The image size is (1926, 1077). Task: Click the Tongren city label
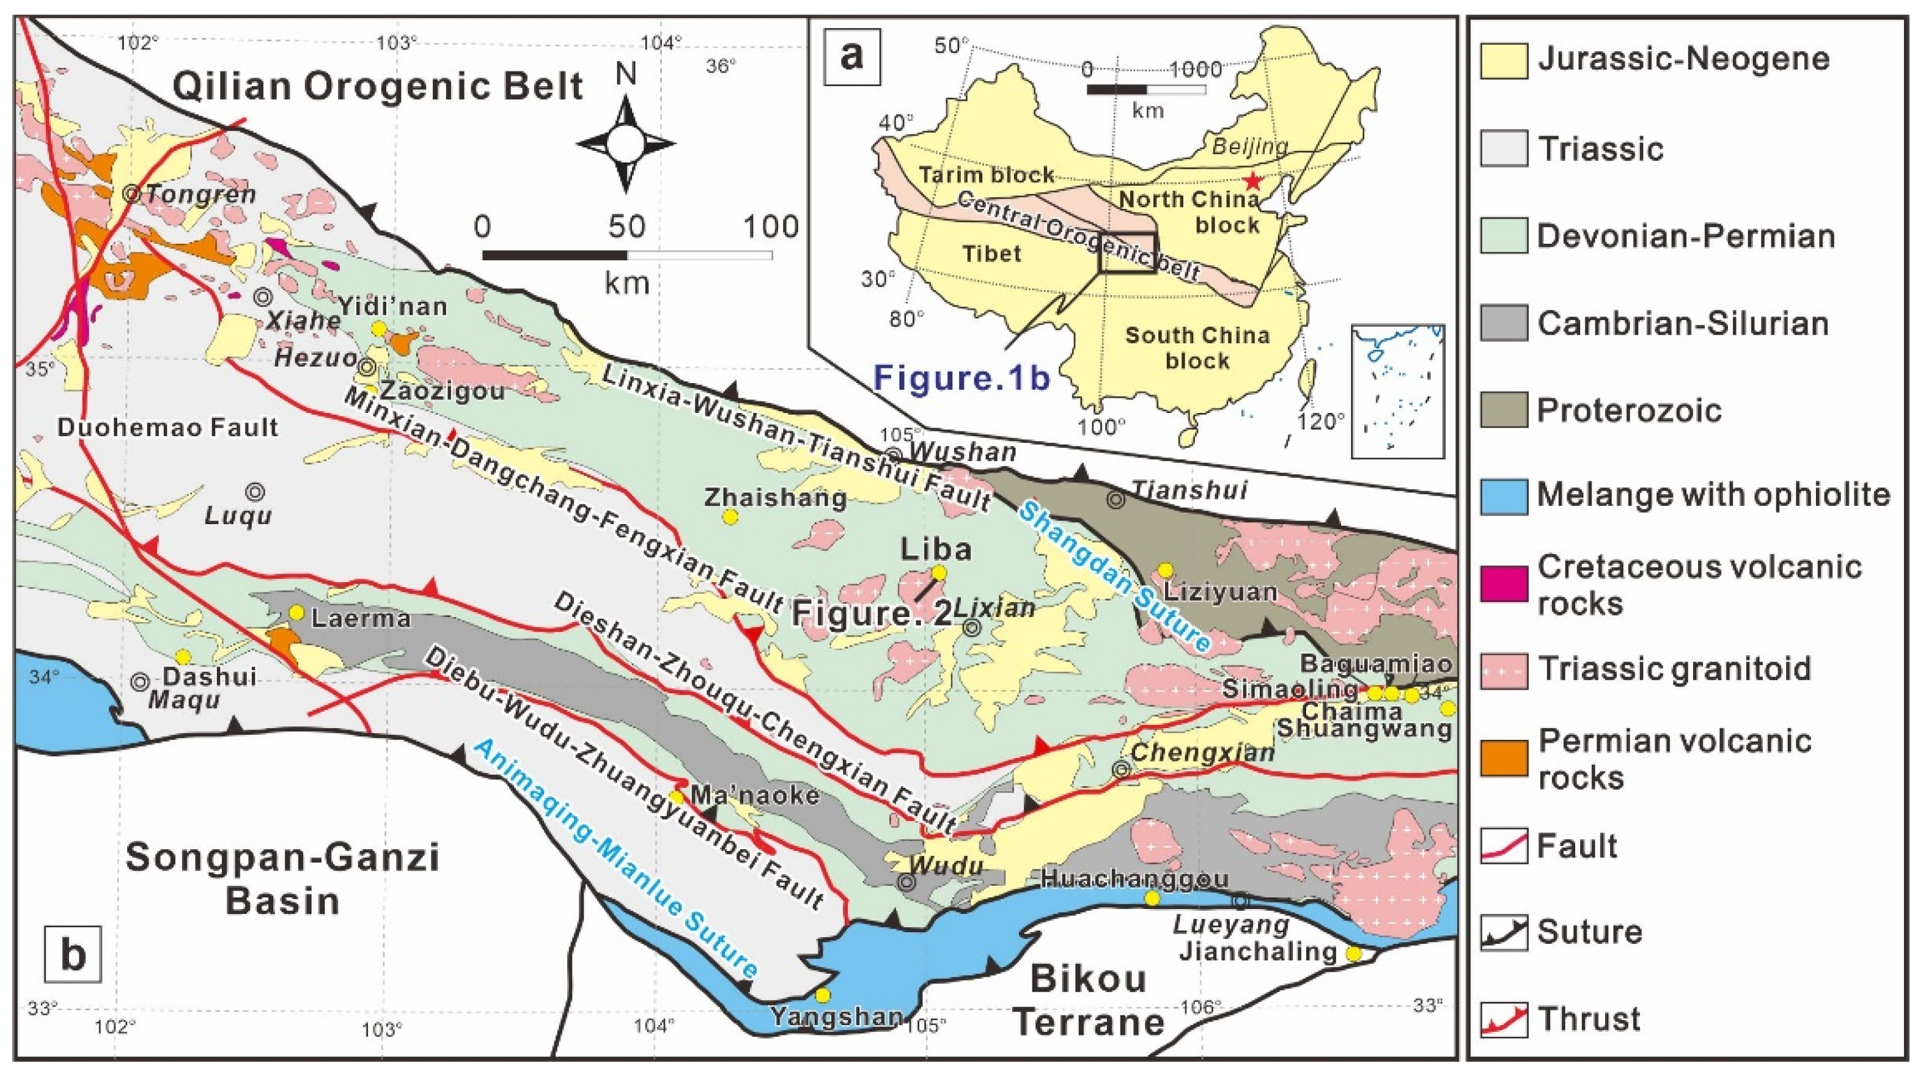200,194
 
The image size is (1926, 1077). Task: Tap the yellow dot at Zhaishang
730,516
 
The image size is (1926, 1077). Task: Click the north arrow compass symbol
626,143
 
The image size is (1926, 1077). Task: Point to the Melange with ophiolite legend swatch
1504,496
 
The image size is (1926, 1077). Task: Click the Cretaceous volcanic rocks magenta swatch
1504,585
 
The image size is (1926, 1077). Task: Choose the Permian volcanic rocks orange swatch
1504,759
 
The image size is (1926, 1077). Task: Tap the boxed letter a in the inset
851,56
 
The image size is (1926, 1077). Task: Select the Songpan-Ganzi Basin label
282,878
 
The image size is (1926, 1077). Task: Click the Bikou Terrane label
1089,1000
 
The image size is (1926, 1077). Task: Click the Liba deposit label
935,549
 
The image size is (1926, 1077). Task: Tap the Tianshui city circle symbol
1116,500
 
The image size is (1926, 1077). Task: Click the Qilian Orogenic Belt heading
378,86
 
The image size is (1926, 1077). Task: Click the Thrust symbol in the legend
1504,1020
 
